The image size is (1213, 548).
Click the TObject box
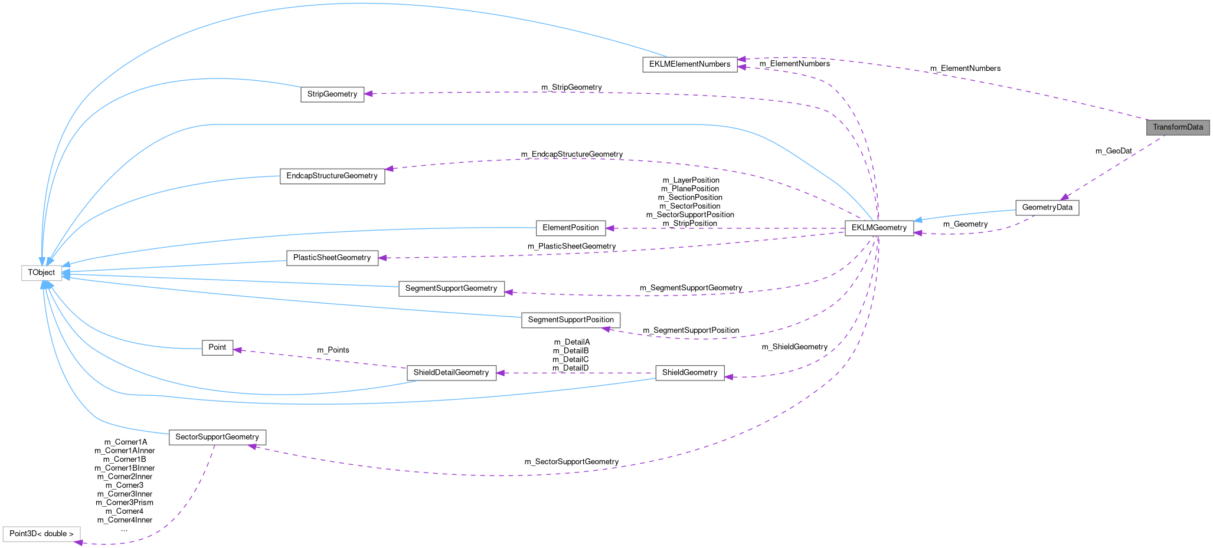point(41,273)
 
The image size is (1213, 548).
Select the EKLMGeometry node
point(878,228)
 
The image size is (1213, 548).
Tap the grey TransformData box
point(1178,127)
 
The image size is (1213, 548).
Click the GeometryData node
point(1047,208)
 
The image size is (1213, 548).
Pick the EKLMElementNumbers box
point(689,64)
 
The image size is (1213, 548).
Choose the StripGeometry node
point(332,94)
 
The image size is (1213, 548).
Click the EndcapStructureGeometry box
point(332,176)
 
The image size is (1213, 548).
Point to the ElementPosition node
point(570,228)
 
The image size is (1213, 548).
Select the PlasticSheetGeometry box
point(332,258)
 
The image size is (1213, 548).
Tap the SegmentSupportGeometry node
point(451,288)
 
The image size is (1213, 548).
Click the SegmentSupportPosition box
point(570,320)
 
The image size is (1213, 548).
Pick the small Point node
point(217,347)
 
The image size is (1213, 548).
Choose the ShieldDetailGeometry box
point(451,373)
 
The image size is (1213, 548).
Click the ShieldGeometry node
point(689,373)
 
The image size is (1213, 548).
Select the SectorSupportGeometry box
point(217,437)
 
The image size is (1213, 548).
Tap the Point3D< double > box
point(41,534)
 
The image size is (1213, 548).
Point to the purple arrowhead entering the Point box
point(237,350)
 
